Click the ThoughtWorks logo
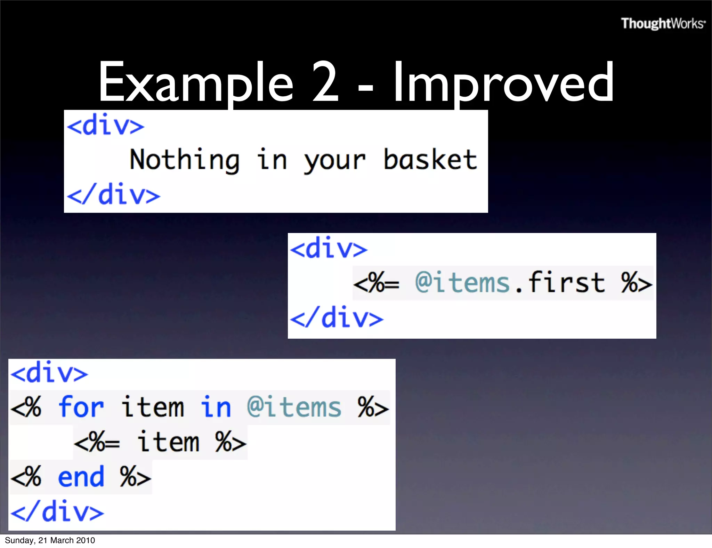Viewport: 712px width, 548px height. [663, 24]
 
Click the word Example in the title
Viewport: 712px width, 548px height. [196, 82]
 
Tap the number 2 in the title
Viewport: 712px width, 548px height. [325, 82]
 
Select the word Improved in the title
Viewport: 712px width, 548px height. [503, 82]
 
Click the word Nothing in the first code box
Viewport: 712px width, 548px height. [185, 160]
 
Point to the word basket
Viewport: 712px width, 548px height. [430, 160]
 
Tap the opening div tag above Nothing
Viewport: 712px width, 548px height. [106, 125]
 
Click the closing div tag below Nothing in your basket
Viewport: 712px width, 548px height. [114, 194]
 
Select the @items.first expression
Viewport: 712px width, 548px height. [510, 282]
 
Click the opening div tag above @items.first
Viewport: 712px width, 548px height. [329, 248]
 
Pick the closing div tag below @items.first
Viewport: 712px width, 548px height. [337, 317]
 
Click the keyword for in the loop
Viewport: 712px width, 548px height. [81, 407]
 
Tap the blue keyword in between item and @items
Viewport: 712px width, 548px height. [216, 407]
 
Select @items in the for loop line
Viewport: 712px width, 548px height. [294, 407]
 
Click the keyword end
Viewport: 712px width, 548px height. [81, 477]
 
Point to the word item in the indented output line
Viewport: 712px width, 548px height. [168, 442]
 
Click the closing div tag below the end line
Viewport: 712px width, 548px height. [57, 511]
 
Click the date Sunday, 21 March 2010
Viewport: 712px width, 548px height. [50, 540]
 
